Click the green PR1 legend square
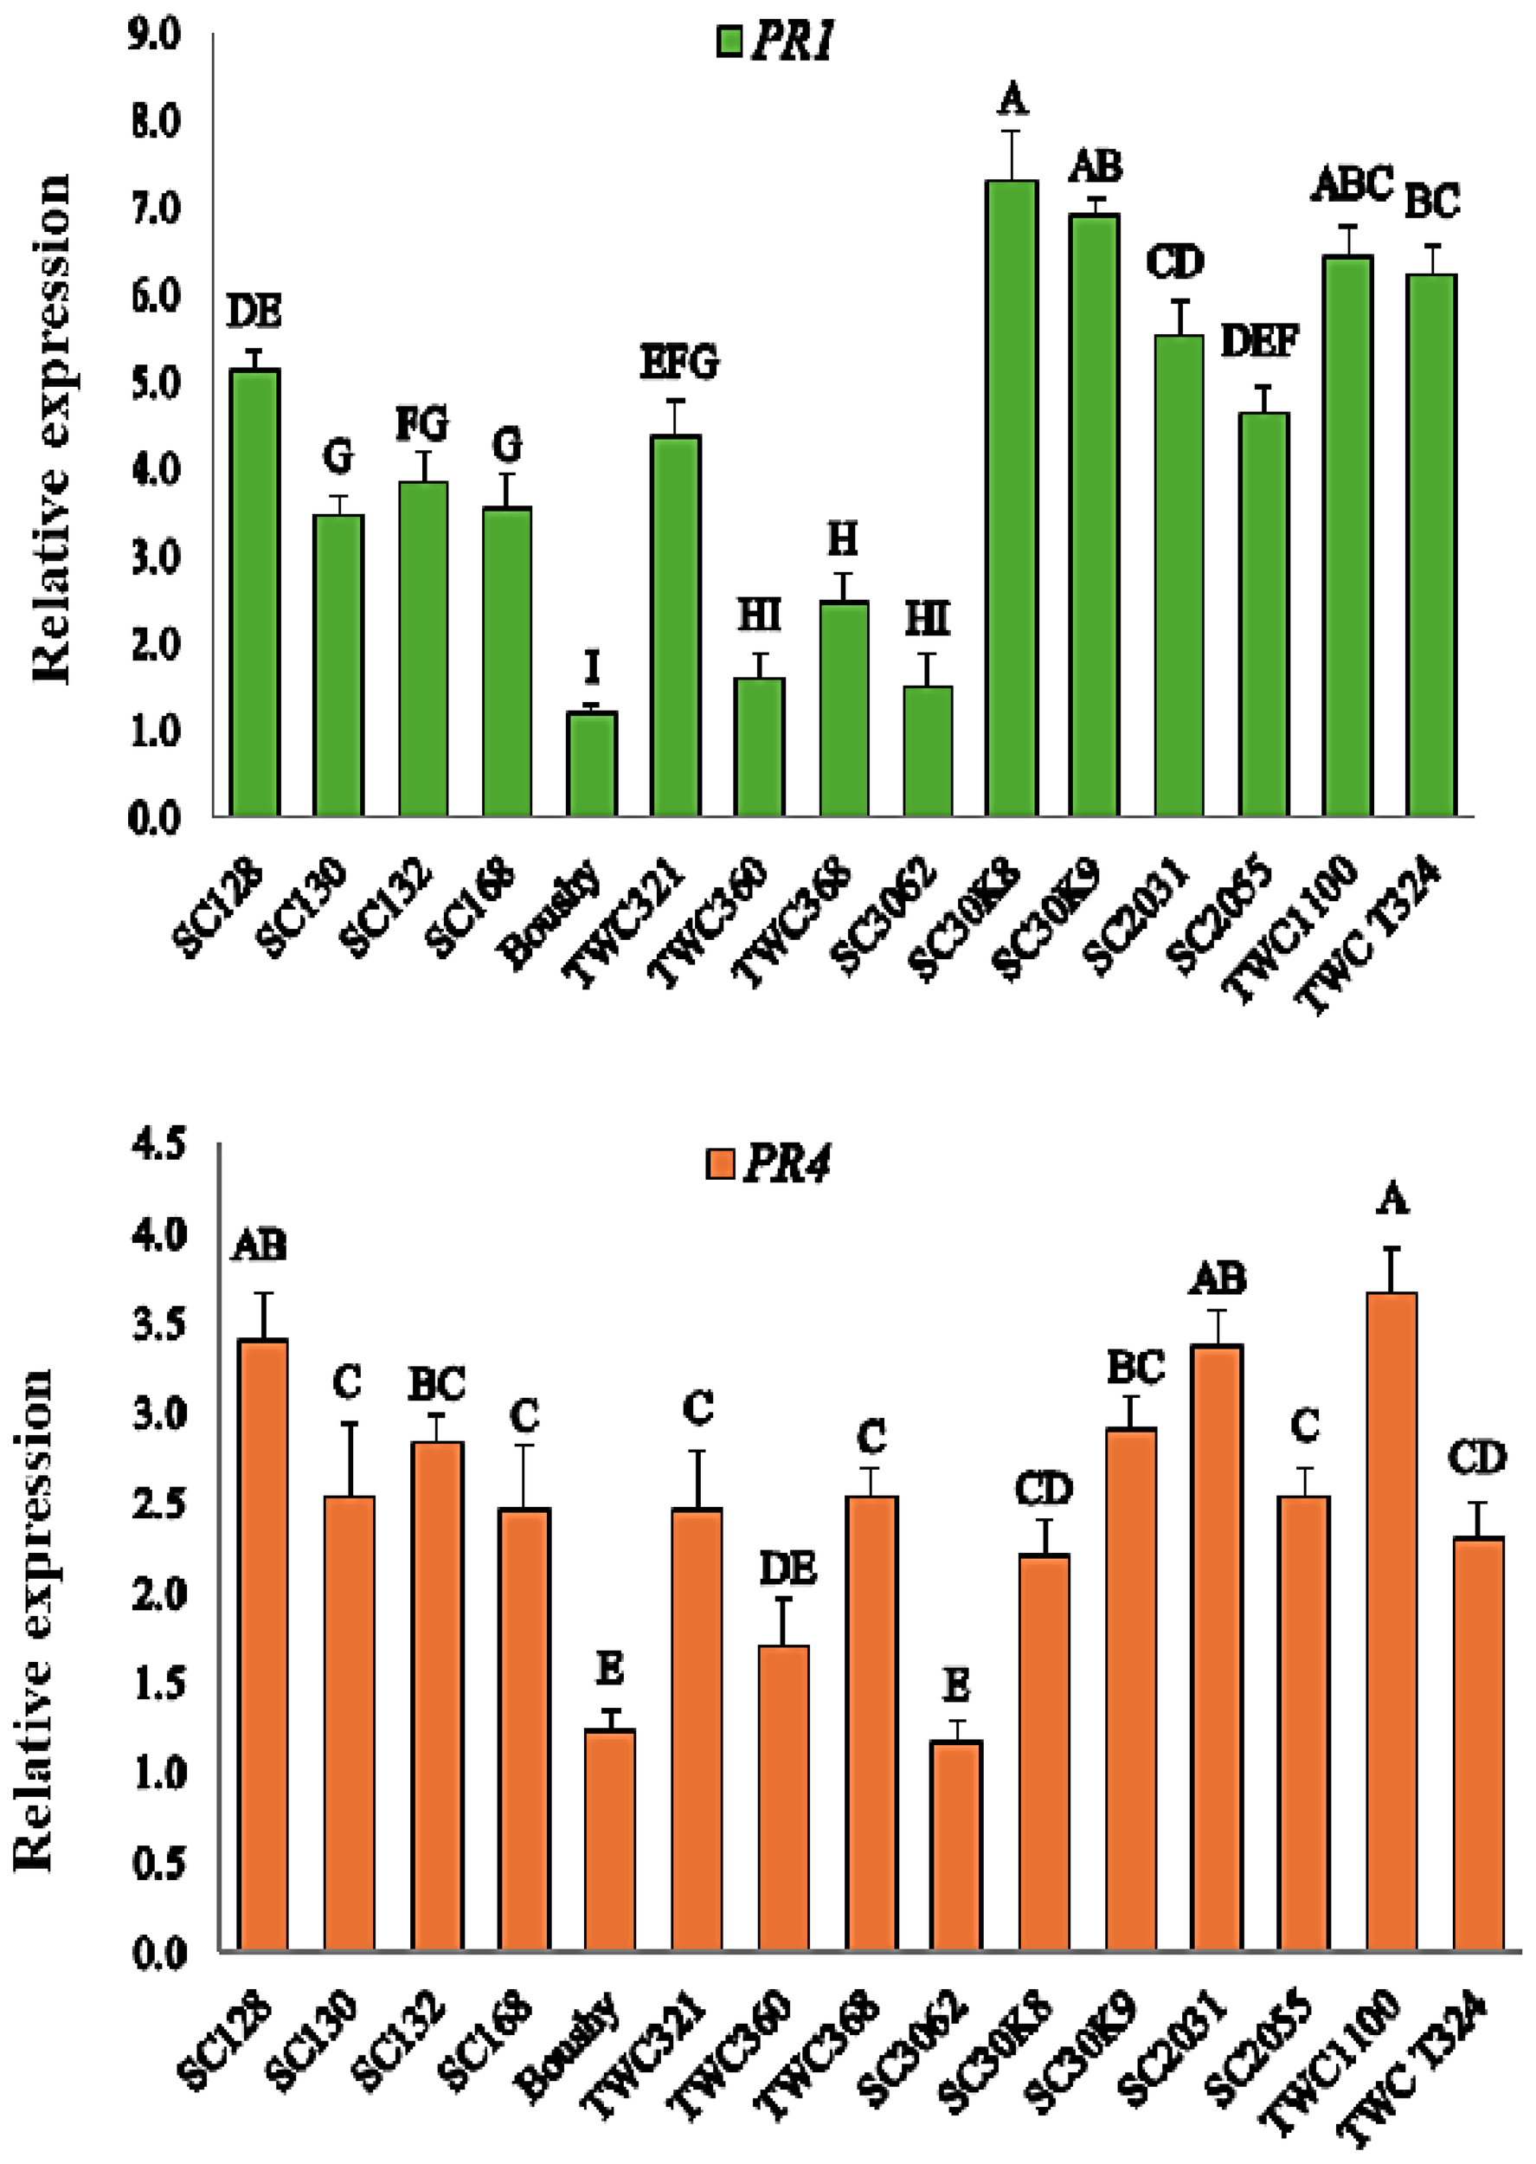tap(730, 42)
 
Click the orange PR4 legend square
tap(721, 1164)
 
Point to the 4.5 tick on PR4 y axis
tap(160, 1145)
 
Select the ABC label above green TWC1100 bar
tap(1352, 183)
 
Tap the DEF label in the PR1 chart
tap(1260, 340)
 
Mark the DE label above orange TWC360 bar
tap(787, 1569)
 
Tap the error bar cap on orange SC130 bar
tap(349, 1422)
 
